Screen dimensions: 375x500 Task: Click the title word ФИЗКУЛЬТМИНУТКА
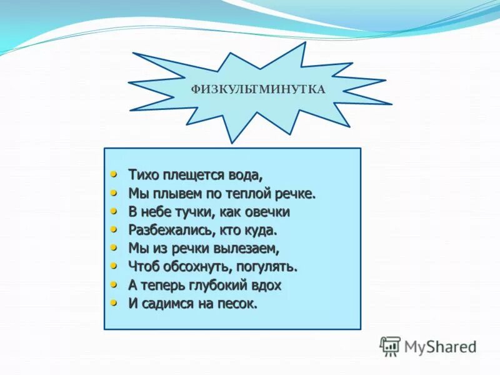tap(258, 89)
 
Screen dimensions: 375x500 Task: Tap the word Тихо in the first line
tap(141, 174)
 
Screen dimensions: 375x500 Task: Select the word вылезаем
tap(247, 249)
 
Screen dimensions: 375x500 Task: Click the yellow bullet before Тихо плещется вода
tap(114, 173)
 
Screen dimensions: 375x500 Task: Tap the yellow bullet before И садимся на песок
tap(114, 302)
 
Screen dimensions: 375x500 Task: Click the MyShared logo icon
tap(390, 346)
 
